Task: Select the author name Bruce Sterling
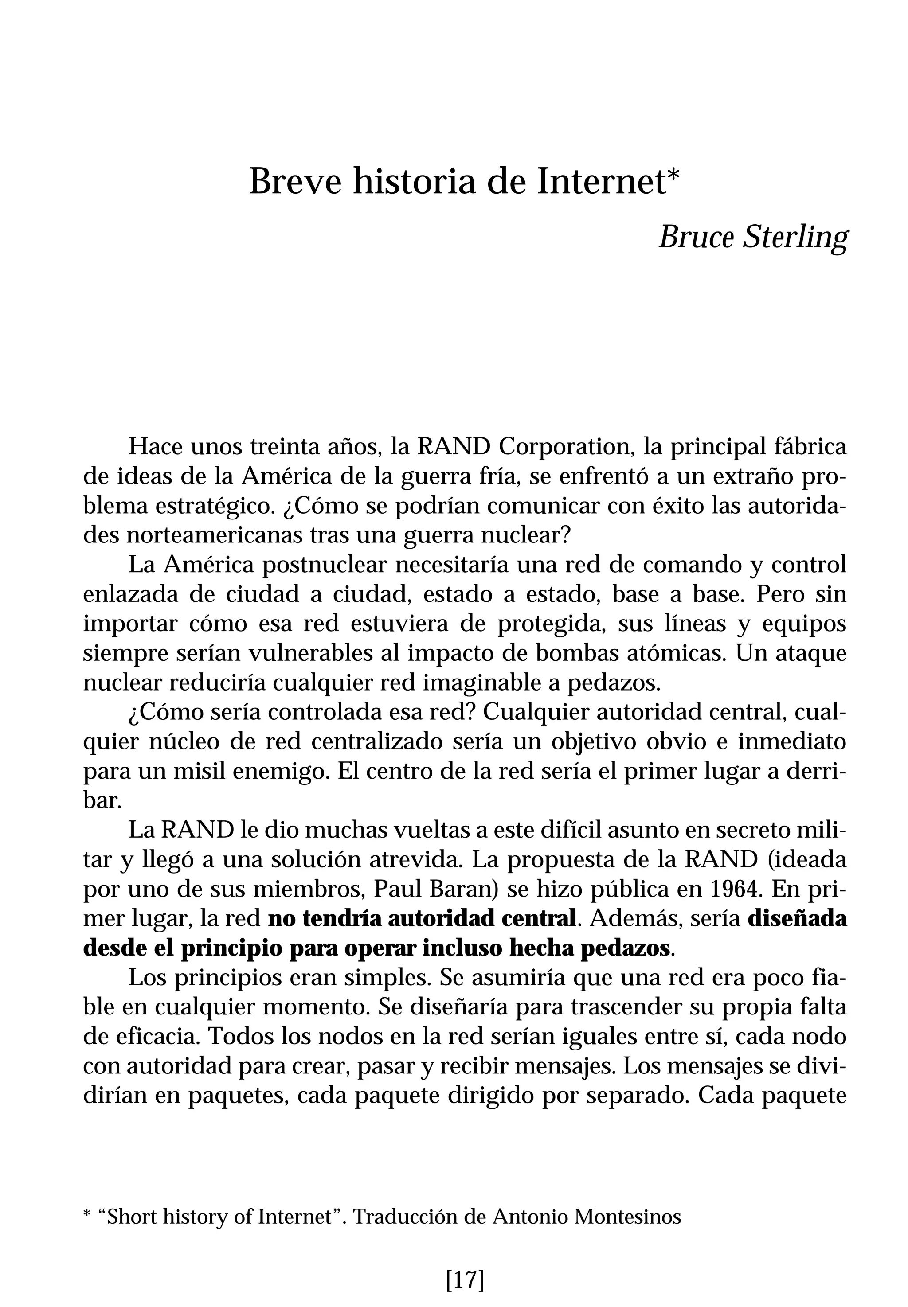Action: point(753,237)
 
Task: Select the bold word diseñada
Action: point(796,918)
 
